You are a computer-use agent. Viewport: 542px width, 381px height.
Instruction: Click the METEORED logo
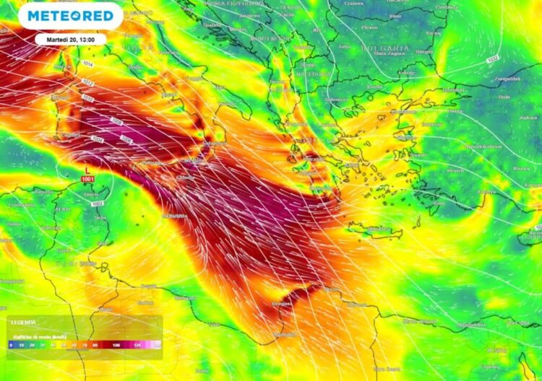pos(70,15)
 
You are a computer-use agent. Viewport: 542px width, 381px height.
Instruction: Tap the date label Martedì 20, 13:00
pos(70,40)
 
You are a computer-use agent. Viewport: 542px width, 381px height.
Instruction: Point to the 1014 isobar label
pos(88,64)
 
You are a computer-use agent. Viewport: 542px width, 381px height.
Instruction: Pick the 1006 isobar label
pos(126,139)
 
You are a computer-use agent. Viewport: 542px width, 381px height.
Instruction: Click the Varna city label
pos(434,33)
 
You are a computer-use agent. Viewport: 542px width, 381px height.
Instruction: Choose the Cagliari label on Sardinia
pos(69,135)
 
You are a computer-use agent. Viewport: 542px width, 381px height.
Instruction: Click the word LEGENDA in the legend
pos(23,322)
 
